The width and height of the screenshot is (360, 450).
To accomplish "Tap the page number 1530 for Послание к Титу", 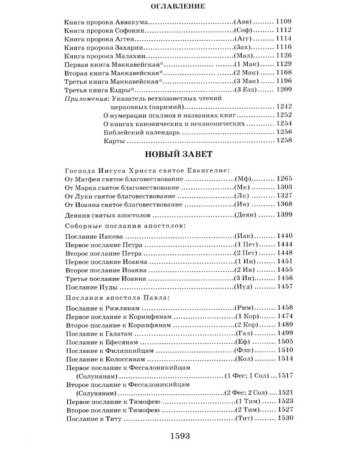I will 283,417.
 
